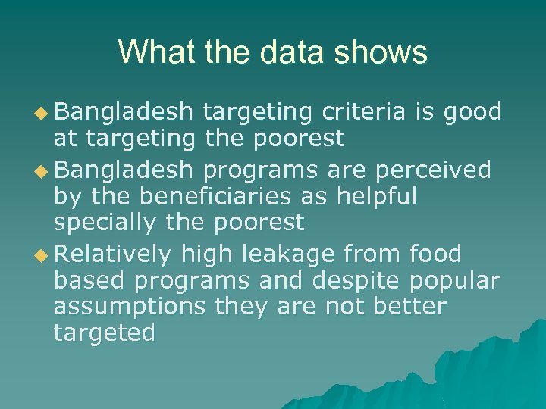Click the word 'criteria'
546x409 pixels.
click(x=365, y=112)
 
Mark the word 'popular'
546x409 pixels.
click(x=455, y=279)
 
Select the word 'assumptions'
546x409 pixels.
click(x=130, y=306)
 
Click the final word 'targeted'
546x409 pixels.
click(x=105, y=333)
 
